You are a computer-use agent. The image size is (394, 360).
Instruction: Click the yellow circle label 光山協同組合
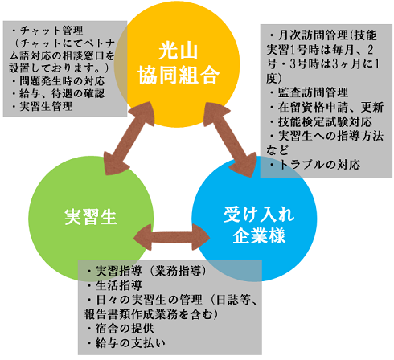(x=179, y=63)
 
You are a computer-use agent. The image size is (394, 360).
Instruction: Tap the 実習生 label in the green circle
(x=91, y=217)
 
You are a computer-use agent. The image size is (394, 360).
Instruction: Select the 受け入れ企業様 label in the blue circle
(x=259, y=226)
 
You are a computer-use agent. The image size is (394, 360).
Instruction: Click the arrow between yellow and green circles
(x=129, y=138)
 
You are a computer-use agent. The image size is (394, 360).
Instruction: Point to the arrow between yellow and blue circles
(x=230, y=139)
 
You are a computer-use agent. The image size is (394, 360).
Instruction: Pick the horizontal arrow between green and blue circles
(x=172, y=237)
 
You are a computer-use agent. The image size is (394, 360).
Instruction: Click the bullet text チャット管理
(x=51, y=31)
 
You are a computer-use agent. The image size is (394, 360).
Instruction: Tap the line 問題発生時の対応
(x=62, y=80)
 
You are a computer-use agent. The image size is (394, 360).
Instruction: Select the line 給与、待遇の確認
(x=62, y=93)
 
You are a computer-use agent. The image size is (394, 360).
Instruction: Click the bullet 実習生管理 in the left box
(x=46, y=106)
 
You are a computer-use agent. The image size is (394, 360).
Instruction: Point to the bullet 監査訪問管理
(x=313, y=92)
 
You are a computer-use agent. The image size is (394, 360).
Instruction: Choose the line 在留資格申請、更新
(x=330, y=107)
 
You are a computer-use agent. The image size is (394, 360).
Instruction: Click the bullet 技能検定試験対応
(x=325, y=121)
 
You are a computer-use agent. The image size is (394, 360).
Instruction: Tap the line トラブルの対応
(x=319, y=164)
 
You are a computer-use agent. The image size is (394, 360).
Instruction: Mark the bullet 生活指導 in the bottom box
(x=119, y=285)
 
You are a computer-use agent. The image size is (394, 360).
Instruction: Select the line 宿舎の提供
(x=125, y=329)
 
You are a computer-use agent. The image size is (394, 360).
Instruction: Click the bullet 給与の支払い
(x=130, y=343)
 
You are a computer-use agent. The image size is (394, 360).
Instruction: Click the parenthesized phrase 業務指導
(x=178, y=271)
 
